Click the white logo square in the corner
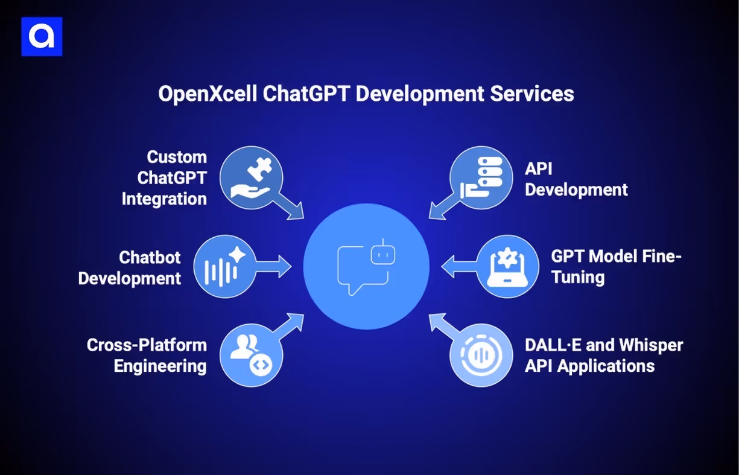(42, 37)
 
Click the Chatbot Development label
(130, 267)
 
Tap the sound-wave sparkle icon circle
(224, 267)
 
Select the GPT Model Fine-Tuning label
(616, 267)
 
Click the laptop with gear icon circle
(507, 267)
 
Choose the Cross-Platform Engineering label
(147, 355)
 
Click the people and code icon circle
(250, 355)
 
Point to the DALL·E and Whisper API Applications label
(604, 355)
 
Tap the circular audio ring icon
(481, 355)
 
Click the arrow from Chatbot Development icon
(275, 267)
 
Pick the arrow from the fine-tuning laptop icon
(458, 267)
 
